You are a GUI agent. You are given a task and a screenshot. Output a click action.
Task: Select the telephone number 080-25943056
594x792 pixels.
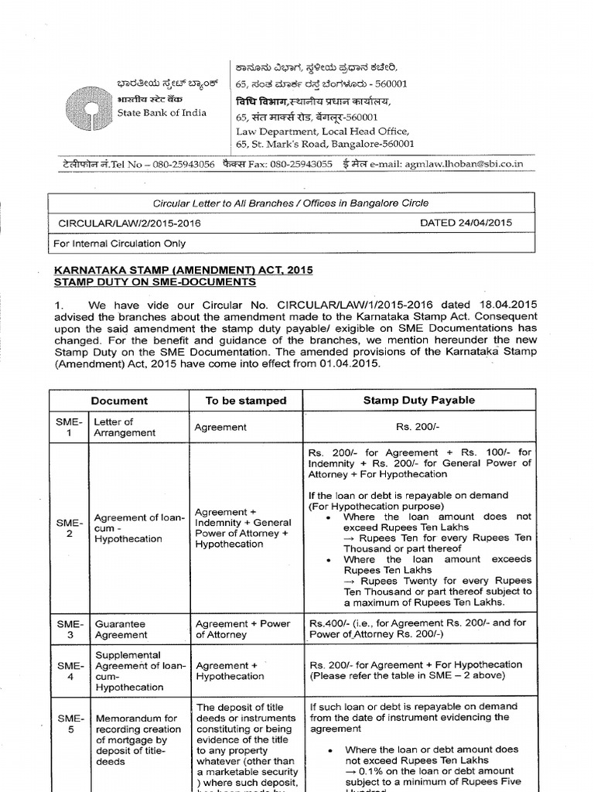click(172, 164)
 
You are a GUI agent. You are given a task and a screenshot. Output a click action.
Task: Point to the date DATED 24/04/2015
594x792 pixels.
click(465, 223)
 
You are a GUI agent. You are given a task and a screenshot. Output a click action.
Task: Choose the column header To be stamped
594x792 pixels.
click(245, 401)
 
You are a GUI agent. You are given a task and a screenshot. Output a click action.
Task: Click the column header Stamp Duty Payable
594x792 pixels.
click(419, 400)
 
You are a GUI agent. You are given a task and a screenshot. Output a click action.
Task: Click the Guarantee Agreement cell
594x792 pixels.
click(120, 628)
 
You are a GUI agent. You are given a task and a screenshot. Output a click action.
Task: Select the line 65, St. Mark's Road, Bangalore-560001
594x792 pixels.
click(325, 144)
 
